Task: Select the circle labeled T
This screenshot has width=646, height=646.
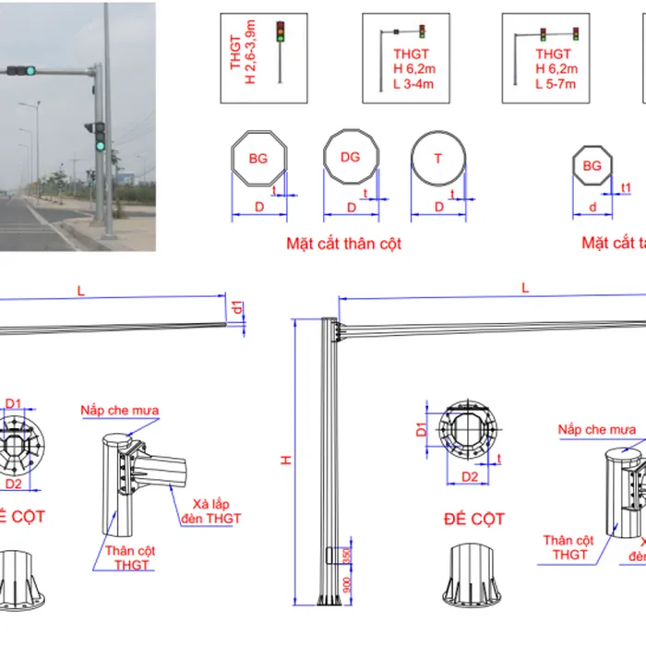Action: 438,158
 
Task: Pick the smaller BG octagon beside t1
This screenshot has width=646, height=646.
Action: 592,166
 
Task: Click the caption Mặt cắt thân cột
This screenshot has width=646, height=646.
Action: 343,245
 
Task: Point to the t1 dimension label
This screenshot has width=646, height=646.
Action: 626,188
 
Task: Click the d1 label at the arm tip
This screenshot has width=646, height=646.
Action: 238,306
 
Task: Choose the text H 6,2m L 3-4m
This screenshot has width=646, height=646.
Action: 413,69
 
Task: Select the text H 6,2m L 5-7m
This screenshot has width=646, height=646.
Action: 556,69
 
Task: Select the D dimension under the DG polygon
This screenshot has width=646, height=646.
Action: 350,208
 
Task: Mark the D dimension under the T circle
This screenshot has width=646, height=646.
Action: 438,208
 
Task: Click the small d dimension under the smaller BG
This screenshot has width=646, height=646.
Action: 592,208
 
